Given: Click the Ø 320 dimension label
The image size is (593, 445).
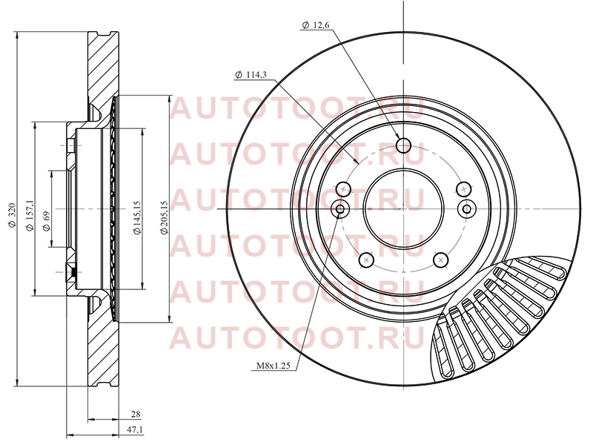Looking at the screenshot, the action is [x=12, y=215].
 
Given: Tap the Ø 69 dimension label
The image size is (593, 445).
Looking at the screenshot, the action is [x=46, y=221].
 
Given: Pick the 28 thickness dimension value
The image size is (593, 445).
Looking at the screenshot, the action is [x=136, y=414].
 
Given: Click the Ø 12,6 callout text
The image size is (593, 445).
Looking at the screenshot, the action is [x=317, y=25].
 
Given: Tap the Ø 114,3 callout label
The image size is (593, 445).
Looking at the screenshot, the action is [x=251, y=75].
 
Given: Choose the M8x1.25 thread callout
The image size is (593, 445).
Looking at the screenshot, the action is [x=273, y=366].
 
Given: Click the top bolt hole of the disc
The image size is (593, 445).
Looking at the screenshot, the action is [x=404, y=145].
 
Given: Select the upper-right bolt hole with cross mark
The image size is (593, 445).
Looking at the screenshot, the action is [x=464, y=188].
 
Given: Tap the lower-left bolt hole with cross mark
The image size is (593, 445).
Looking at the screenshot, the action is [x=365, y=260].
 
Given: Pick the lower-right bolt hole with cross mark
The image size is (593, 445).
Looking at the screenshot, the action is [x=440, y=260].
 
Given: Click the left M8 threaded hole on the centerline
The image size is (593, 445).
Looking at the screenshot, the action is [x=340, y=209].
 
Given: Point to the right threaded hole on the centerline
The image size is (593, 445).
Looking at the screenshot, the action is [x=467, y=209].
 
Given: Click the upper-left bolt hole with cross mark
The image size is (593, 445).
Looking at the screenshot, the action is [x=343, y=188].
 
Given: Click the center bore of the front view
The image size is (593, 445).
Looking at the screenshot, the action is [x=403, y=209].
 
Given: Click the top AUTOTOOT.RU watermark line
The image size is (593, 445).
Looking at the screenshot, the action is [x=297, y=108].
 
